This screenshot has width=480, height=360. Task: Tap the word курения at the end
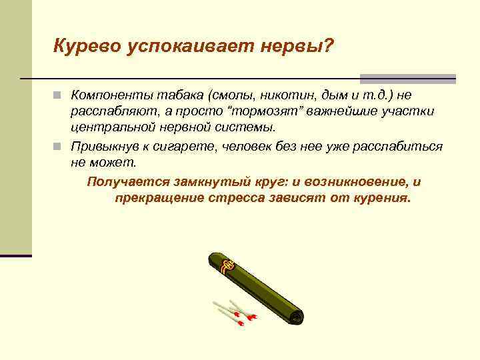click(x=381, y=199)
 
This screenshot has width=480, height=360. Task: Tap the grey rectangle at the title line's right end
click(x=407, y=79)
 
